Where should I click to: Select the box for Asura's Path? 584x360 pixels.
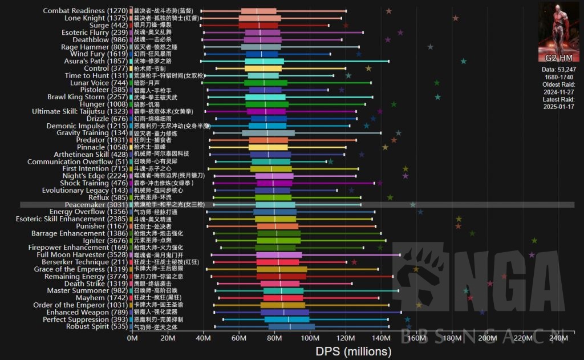click(x=269, y=61)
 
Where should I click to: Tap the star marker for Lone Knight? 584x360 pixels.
click(x=455, y=18)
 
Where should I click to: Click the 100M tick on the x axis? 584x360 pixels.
click(x=310, y=339)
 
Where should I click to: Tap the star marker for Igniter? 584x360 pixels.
click(x=534, y=241)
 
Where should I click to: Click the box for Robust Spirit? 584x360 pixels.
click(x=291, y=326)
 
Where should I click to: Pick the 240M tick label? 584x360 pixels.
click(x=558, y=339)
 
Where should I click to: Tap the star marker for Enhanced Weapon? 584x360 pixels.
click(x=482, y=312)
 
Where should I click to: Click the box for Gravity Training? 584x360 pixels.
click(x=268, y=133)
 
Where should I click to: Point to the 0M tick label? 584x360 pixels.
click(x=132, y=339)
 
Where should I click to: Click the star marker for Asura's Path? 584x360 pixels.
click(x=463, y=61)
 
